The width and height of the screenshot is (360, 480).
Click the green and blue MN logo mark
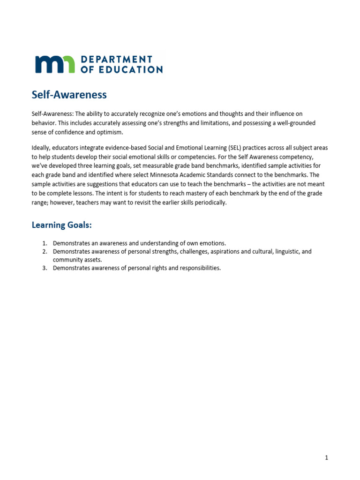tap(54, 64)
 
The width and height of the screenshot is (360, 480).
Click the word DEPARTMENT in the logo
tap(117, 59)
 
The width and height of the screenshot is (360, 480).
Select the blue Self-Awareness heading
tap(69, 95)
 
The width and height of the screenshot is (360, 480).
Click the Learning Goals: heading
tap(61, 225)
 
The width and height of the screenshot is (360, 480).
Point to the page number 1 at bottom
tap(326, 458)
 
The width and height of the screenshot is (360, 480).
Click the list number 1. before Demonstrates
tap(45, 243)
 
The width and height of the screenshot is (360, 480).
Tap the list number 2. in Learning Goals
tap(45, 252)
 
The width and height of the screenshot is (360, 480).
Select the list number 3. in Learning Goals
tap(45, 268)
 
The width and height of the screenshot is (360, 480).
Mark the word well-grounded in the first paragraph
tap(296, 123)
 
